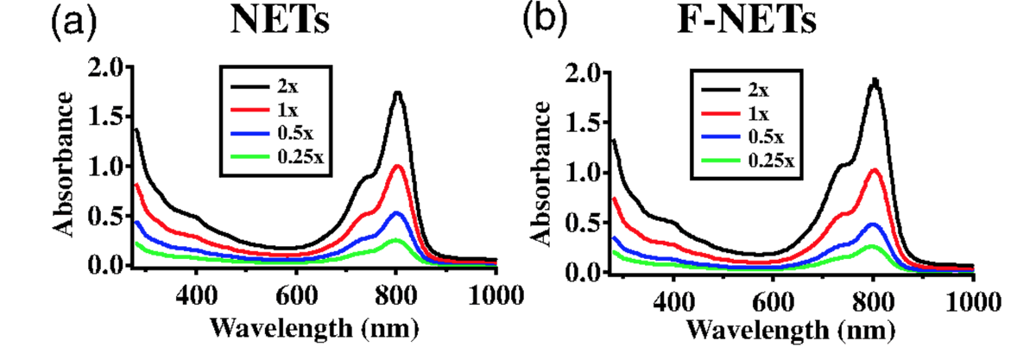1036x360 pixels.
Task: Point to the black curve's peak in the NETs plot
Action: pos(397,92)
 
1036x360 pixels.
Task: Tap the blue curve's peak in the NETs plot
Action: pos(396,212)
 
